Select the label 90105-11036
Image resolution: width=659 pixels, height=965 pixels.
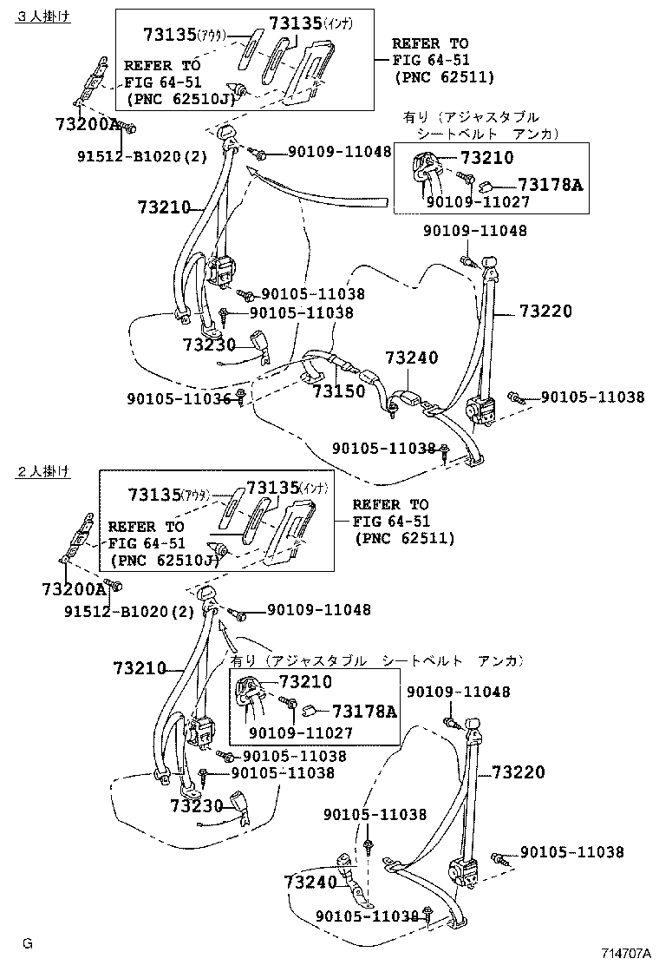(179, 398)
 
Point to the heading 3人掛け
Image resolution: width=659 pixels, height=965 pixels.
(42, 15)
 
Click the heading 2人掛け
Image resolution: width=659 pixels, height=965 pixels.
(42, 471)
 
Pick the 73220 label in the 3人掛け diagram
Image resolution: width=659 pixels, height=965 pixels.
(545, 312)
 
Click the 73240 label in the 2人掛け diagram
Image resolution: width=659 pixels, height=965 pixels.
(310, 883)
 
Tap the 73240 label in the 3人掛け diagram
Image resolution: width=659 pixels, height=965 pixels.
(412, 358)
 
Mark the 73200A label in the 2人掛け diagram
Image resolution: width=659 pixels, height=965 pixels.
(72, 589)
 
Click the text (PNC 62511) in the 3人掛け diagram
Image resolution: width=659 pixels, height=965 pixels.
(443, 77)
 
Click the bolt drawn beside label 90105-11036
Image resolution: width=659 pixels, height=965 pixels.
(240, 397)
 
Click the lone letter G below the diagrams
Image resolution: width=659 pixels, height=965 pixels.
(28, 943)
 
